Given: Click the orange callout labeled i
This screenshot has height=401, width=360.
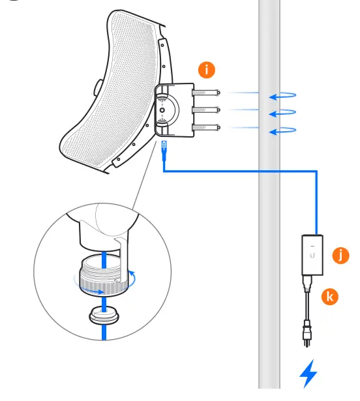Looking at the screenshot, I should coord(208,68).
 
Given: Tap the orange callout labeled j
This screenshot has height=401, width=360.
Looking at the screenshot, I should coord(338,255).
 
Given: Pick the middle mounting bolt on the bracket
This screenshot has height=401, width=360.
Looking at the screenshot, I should coord(209,110).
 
